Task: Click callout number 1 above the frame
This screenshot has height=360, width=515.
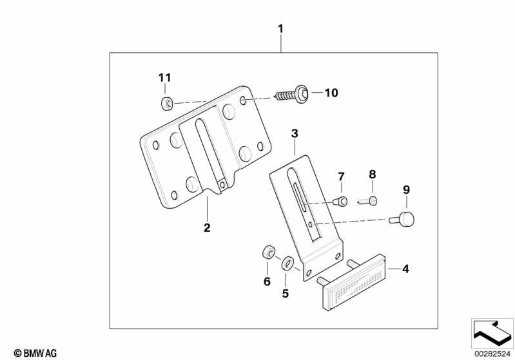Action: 280,29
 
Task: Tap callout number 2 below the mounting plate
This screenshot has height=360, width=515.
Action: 207,227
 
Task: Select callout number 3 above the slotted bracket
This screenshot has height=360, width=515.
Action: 295,134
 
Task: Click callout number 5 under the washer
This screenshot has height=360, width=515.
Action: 286,294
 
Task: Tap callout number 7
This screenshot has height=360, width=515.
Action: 342,176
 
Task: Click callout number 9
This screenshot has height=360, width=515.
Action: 406,189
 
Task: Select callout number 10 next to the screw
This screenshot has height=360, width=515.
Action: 331,93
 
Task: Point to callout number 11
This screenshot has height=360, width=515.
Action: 165,78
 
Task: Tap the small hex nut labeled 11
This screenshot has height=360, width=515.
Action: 166,102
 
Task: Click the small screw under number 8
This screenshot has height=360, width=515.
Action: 369,201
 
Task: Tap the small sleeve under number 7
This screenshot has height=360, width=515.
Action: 342,202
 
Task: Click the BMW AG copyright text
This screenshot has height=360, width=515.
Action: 32,352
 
